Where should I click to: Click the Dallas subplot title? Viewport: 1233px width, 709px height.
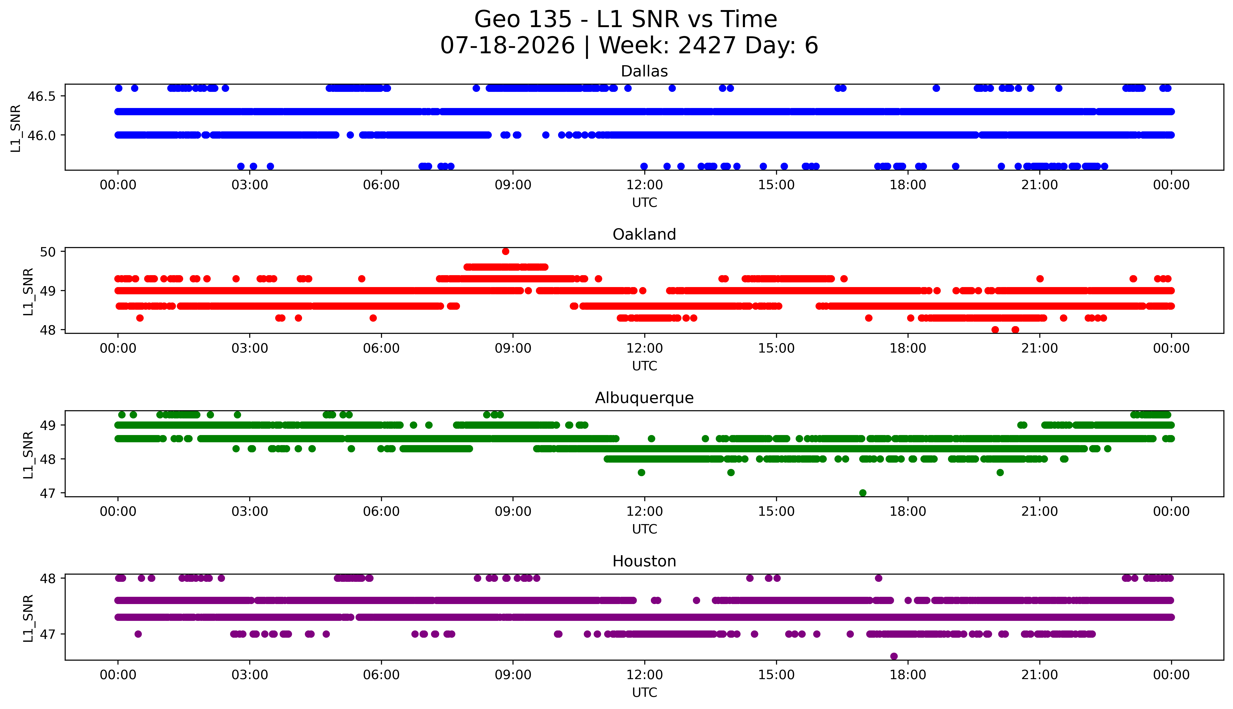(644, 72)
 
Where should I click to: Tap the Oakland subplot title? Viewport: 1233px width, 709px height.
(644, 235)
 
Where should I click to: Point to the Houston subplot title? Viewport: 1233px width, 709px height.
(644, 561)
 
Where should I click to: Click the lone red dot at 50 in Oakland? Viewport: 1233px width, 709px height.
(506, 251)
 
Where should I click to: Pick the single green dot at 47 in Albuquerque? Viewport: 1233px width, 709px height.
(863, 493)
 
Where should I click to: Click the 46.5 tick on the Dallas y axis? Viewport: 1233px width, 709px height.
(41, 96)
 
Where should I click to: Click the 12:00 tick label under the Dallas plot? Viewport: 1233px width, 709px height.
(645, 185)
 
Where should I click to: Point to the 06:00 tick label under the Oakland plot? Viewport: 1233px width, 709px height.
(381, 348)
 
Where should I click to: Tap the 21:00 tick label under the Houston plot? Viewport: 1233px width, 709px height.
(1040, 675)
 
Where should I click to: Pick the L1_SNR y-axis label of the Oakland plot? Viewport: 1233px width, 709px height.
(28, 291)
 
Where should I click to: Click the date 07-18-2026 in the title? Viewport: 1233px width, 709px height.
(507, 46)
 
